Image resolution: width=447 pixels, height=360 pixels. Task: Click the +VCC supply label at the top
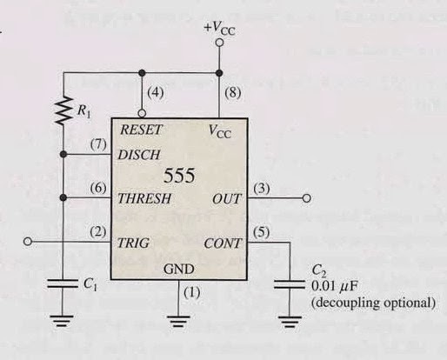point(219,30)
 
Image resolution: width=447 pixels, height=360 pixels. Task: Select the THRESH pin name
point(145,199)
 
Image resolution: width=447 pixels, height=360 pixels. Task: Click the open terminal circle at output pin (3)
point(306,199)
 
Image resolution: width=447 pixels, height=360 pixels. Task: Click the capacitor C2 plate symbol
point(289,283)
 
